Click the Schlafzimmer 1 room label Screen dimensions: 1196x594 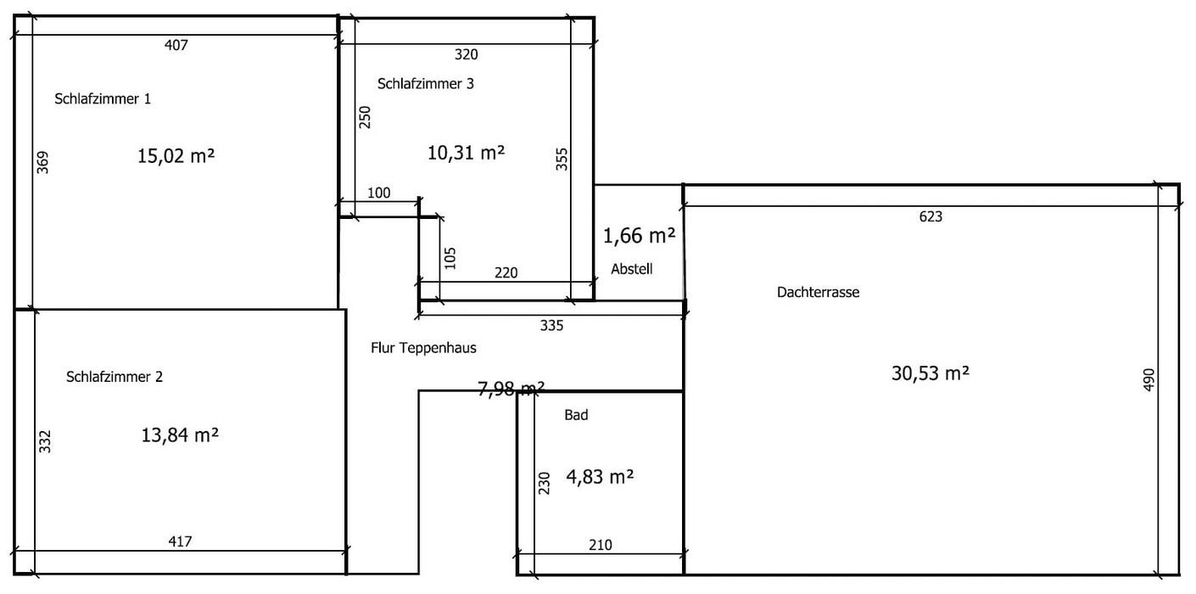103,98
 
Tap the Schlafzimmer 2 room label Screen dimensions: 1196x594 115,377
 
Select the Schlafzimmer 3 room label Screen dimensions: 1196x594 426,84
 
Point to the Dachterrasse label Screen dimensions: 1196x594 818,292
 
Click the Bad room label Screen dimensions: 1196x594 576,415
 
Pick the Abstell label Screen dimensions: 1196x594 632,269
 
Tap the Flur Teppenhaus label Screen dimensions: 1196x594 423,348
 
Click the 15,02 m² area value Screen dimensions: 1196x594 176,156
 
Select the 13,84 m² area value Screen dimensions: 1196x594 180,434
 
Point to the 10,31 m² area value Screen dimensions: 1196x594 467,153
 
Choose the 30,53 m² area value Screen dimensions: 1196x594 931,373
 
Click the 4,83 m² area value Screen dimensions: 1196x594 601,477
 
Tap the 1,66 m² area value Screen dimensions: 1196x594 639,236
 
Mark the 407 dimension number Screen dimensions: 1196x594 176,45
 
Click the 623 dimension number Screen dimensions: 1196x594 931,216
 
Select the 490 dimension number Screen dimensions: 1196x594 1149,380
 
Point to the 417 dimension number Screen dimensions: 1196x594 180,541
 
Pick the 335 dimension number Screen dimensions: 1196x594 551,325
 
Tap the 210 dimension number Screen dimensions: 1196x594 601,545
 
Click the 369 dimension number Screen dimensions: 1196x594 42,162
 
